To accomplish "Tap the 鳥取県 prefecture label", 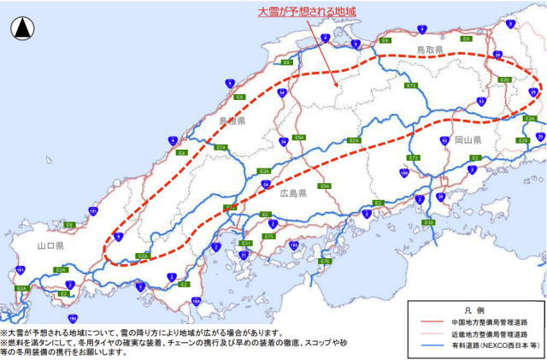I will point(430,51).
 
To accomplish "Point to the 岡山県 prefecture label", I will point(468,139).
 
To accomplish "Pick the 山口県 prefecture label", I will point(51,245).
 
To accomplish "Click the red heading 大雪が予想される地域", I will point(307,12).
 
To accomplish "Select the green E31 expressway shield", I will point(246,244).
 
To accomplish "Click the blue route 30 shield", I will point(441,197).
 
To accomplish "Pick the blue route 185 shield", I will point(294,245).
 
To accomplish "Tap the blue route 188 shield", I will point(197,301).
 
